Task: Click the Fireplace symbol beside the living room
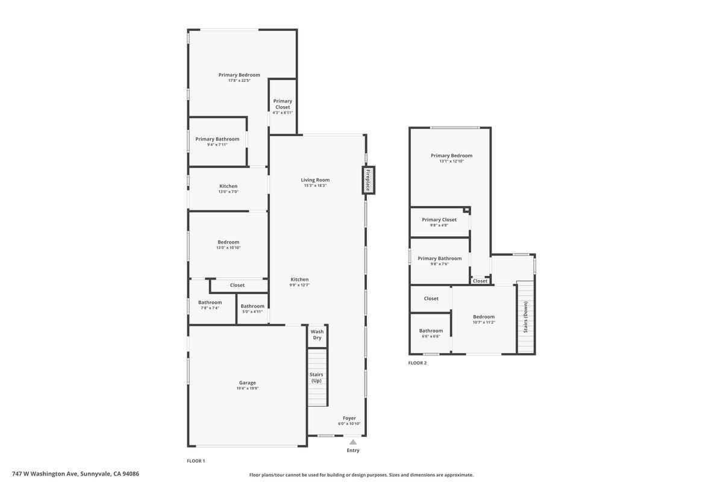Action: pyautogui.click(x=368, y=180)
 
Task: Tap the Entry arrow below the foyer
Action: pyautogui.click(x=353, y=442)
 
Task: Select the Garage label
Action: pyautogui.click(x=247, y=383)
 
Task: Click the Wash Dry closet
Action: pyautogui.click(x=317, y=334)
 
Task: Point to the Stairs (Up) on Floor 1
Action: pyautogui.click(x=316, y=378)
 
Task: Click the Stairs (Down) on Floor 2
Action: pyautogui.click(x=525, y=317)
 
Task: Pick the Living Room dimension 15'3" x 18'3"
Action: pyautogui.click(x=315, y=186)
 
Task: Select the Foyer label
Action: pyautogui.click(x=349, y=418)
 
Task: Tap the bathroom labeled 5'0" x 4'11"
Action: pyautogui.click(x=252, y=308)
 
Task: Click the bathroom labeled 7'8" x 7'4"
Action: pyautogui.click(x=210, y=305)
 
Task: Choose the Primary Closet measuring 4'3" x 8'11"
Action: pyautogui.click(x=283, y=107)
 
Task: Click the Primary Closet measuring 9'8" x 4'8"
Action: pyautogui.click(x=439, y=222)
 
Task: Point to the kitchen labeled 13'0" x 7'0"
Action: pyautogui.click(x=228, y=189)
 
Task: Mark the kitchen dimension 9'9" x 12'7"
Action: pyautogui.click(x=299, y=285)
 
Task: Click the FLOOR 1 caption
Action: pyautogui.click(x=196, y=461)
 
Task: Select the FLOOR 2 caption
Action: pyautogui.click(x=417, y=363)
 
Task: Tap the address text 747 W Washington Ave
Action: pyautogui.click(x=75, y=474)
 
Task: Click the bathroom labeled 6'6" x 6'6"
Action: pyautogui.click(x=431, y=333)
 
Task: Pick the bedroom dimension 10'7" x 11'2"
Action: pyautogui.click(x=484, y=322)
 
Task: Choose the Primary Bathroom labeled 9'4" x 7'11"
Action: pyautogui.click(x=217, y=142)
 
